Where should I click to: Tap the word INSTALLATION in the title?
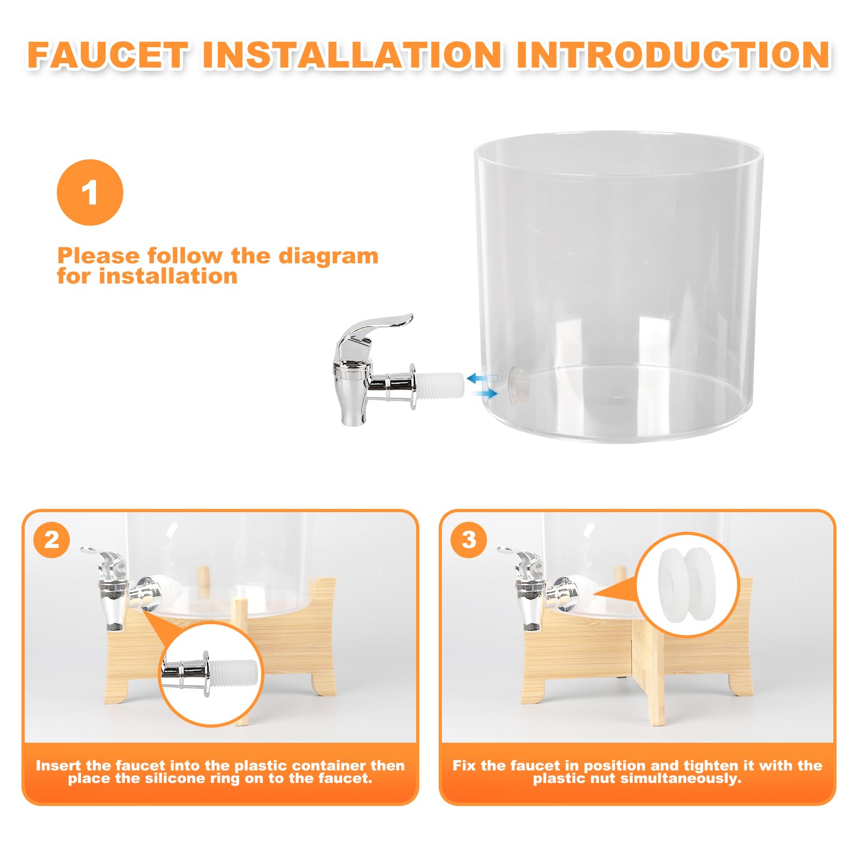(352, 55)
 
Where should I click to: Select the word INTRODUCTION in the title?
(674, 55)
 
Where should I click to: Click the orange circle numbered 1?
(90, 192)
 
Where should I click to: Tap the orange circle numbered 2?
(51, 539)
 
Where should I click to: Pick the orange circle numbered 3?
(469, 539)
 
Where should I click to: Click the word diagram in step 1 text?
(328, 256)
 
